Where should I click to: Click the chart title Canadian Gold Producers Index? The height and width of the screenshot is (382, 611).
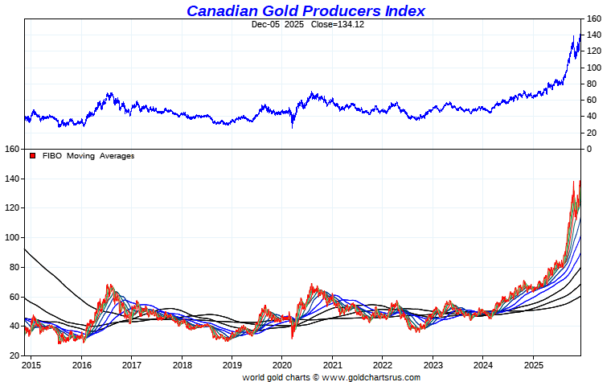click(305, 10)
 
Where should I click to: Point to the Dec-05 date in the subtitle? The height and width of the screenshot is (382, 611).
click(265, 24)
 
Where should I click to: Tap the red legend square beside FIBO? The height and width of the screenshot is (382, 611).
click(33, 156)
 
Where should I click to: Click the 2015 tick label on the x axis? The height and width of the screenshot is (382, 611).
click(33, 365)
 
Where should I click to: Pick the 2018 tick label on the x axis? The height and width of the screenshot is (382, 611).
click(182, 365)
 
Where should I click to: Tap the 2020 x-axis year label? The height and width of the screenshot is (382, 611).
click(282, 365)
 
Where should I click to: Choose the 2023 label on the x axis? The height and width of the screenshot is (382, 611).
click(433, 365)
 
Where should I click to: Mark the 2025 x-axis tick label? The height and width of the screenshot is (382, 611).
click(533, 365)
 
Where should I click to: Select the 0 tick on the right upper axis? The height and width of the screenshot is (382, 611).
click(590, 149)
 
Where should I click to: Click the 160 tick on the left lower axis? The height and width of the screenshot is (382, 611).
click(12, 149)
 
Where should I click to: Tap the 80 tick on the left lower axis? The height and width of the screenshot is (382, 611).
click(14, 267)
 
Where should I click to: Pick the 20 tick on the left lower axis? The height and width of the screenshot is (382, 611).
click(14, 355)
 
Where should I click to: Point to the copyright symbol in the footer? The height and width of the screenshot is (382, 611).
click(315, 376)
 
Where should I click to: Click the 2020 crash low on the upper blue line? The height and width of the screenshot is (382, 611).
click(293, 126)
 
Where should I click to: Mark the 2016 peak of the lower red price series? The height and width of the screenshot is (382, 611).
click(109, 285)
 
